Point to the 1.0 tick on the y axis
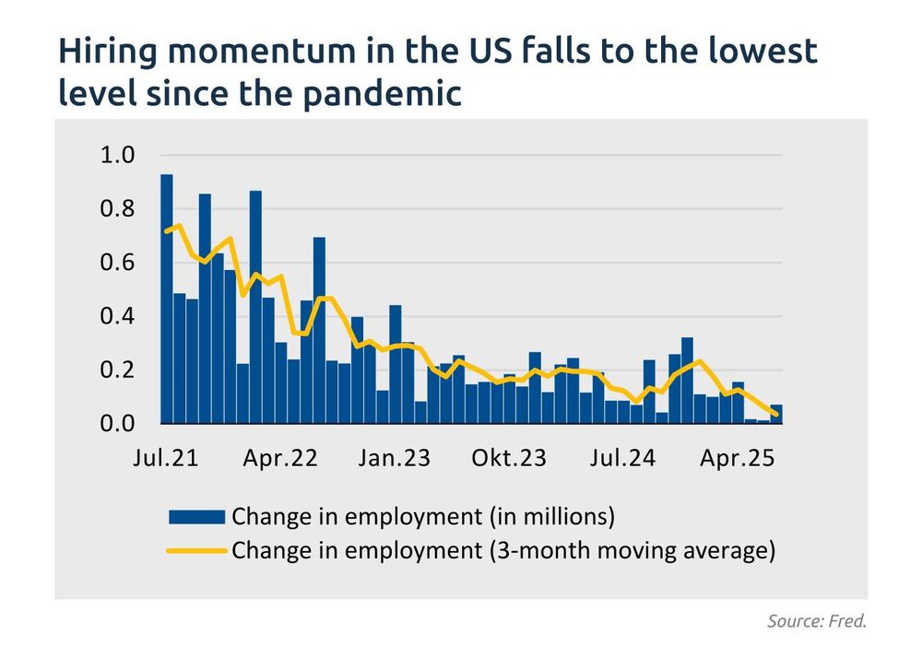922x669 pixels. (117, 155)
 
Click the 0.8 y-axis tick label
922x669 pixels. (117, 209)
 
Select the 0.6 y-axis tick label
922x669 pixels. (117, 263)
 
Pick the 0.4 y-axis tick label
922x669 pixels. (117, 316)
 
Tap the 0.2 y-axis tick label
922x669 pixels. (117, 370)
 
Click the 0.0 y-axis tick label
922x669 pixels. (117, 424)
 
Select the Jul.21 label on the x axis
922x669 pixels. (167, 458)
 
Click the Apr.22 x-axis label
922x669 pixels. (280, 458)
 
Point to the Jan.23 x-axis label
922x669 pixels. (394, 458)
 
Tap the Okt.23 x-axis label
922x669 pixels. (508, 458)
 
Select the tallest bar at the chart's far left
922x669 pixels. (167, 299)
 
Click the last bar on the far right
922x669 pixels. (776, 415)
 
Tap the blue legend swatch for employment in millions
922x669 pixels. (195, 516)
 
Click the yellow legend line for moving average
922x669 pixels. (195, 551)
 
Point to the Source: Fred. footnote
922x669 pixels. (817, 621)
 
